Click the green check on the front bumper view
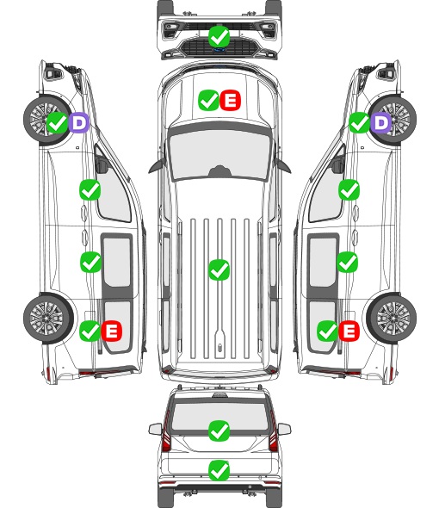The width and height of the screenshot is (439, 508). coord(219,36)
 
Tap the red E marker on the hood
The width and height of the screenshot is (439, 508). coord(230,101)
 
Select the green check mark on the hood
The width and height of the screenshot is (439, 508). coord(208,101)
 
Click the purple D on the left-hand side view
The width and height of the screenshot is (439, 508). coord(78,122)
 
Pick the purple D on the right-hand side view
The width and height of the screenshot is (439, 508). coord(380,122)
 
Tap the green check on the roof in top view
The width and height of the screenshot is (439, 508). coord(219,269)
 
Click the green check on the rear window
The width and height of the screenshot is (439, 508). coord(219,431)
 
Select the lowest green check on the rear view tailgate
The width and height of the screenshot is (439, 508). coord(219,470)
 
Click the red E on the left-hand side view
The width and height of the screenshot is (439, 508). coord(111,331)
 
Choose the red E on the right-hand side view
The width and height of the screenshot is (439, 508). coord(349,331)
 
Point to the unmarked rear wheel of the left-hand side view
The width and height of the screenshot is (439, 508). coord(48,319)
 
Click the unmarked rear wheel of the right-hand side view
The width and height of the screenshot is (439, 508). coord(392,319)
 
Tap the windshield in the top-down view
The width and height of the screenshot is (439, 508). coord(219,153)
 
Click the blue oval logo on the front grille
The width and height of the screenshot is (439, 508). coord(219,50)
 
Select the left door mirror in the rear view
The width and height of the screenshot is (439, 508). coord(155,429)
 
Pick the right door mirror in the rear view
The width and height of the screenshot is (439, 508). coord(284,429)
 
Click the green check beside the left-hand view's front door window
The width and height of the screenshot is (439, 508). coord(90,189)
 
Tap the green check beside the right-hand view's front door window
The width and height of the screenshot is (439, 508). coord(349,189)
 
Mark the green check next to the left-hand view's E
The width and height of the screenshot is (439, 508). coord(90,331)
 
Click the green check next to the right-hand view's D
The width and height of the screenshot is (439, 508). coord(359,122)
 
